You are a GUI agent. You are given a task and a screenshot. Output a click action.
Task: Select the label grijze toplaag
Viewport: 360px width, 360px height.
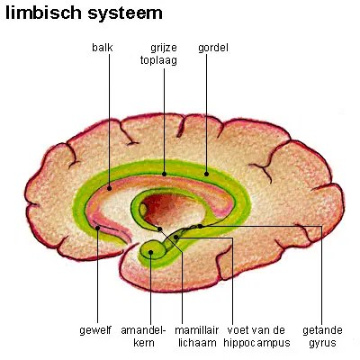[164, 53]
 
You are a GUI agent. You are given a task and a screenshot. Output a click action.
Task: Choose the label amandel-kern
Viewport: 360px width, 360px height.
[150, 337]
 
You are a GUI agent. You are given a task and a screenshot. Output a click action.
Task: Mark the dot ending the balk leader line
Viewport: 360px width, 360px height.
[109, 188]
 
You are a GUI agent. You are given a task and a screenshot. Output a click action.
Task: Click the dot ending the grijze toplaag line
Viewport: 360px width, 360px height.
[164, 171]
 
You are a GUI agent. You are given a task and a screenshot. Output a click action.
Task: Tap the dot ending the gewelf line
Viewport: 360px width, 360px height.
[96, 228]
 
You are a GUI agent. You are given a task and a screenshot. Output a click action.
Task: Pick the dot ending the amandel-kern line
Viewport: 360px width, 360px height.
[151, 252]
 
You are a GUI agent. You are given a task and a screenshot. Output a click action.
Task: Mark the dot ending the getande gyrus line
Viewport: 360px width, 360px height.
[199, 226]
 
